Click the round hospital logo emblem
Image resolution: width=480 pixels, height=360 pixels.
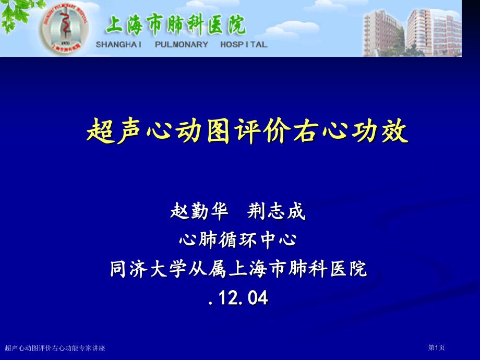[65, 29]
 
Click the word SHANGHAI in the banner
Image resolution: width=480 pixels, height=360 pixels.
[119, 44]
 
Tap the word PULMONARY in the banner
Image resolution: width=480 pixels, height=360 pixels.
[181, 44]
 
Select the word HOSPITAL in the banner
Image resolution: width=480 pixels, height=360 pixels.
[244, 44]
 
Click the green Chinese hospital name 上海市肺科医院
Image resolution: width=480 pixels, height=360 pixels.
[176, 25]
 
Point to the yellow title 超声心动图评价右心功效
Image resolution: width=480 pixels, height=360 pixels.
[247, 131]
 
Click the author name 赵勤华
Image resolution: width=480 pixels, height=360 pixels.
[199, 211]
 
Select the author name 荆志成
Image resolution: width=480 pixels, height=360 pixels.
[276, 211]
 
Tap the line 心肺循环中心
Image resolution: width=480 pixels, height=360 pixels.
[238, 239]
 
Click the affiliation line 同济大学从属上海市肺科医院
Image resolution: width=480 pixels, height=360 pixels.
[238, 269]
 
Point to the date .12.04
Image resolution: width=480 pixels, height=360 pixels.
[238, 297]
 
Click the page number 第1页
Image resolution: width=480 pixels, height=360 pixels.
[436, 347]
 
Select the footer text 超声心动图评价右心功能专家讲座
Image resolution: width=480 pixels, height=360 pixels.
[55, 348]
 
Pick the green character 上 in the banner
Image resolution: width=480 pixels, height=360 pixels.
[115, 25]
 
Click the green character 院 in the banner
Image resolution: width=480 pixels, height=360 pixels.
[236, 25]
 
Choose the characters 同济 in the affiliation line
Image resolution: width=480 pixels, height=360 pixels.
[128, 269]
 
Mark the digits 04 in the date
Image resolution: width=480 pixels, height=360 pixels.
[258, 297]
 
